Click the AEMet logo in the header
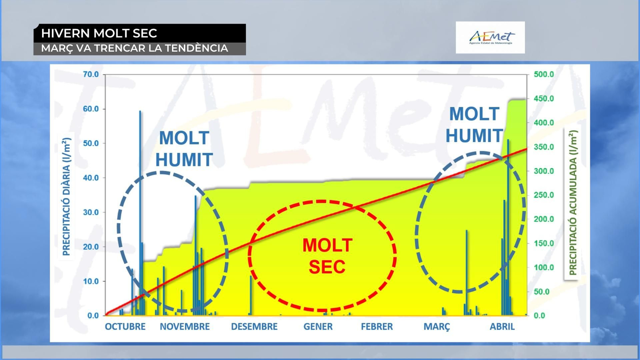tap(490, 38)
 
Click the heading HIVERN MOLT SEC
tap(99, 33)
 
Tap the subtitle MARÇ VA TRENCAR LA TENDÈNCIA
tap(134, 48)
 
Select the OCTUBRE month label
tap(125, 326)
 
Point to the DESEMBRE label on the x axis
tap(254, 326)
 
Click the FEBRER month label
tap(377, 326)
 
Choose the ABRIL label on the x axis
tap(502, 326)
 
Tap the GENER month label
tap(318, 326)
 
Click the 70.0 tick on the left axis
tap(91, 74)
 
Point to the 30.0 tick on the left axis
tap(91, 212)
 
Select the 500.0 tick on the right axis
tap(544, 74)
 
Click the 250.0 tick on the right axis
tap(544, 195)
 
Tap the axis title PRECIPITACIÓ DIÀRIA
tap(66, 196)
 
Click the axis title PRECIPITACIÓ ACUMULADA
tap(573, 202)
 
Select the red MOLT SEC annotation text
tap(327, 256)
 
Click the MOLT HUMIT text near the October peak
tap(184, 148)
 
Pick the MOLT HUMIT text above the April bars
tap(474, 124)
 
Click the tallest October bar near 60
tap(140, 213)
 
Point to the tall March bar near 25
tap(466, 272)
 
